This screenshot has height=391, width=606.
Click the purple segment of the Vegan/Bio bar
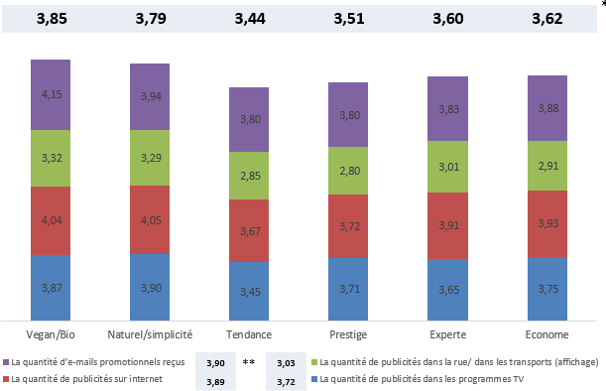pyautogui.click(x=52, y=94)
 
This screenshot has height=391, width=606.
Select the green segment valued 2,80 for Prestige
pyautogui.click(x=348, y=171)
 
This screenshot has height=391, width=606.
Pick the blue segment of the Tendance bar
pyautogui.click(x=249, y=290)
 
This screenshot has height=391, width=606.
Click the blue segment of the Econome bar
pyautogui.click(x=546, y=288)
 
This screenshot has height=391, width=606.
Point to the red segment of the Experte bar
pyautogui.click(x=447, y=225)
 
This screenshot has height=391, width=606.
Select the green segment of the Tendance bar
pyautogui.click(x=249, y=176)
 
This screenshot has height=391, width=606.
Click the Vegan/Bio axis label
pyautogui.click(x=52, y=335)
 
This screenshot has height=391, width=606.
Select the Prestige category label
pyautogui.click(x=348, y=335)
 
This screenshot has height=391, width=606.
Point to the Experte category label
pyautogui.click(x=447, y=335)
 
